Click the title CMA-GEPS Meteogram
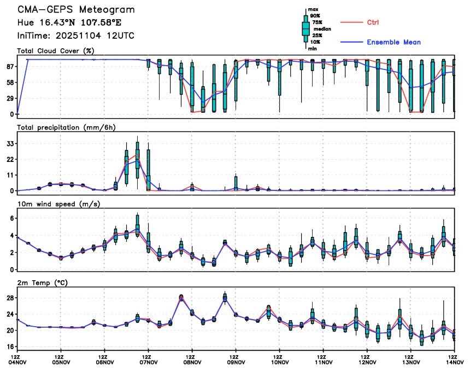[x=75, y=10]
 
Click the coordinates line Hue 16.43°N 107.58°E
[x=73, y=23]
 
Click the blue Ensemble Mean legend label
[x=393, y=42]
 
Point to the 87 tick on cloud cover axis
[x=10, y=66]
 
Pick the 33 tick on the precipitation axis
[x=10, y=143]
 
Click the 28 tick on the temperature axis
[x=10, y=298]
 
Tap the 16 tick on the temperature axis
[x=10, y=346]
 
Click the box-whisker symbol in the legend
[x=305, y=28]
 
